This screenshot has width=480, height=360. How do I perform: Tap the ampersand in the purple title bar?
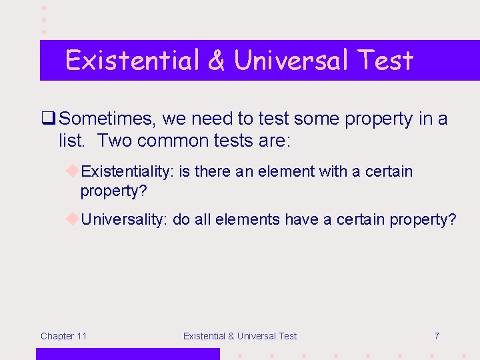(x=216, y=61)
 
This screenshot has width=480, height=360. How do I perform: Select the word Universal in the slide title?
(x=291, y=61)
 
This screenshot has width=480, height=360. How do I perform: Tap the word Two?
(x=115, y=141)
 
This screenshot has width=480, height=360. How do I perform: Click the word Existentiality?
(x=127, y=172)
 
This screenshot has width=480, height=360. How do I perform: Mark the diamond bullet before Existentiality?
(x=73, y=171)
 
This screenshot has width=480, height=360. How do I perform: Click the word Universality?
(x=123, y=220)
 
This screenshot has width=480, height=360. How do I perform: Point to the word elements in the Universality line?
(x=247, y=220)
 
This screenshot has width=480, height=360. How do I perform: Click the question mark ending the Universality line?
(x=452, y=220)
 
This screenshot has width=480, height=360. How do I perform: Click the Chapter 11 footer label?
(x=63, y=336)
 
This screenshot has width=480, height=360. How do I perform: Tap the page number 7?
(x=436, y=336)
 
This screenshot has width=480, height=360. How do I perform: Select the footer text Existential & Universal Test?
(x=240, y=336)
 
